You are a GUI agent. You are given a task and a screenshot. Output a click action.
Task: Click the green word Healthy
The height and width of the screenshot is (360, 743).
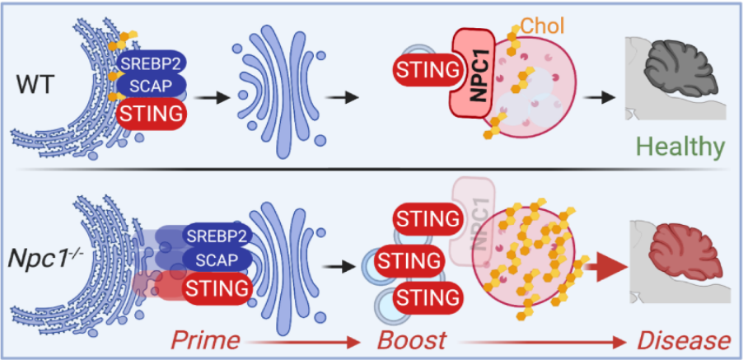point(680,147)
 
